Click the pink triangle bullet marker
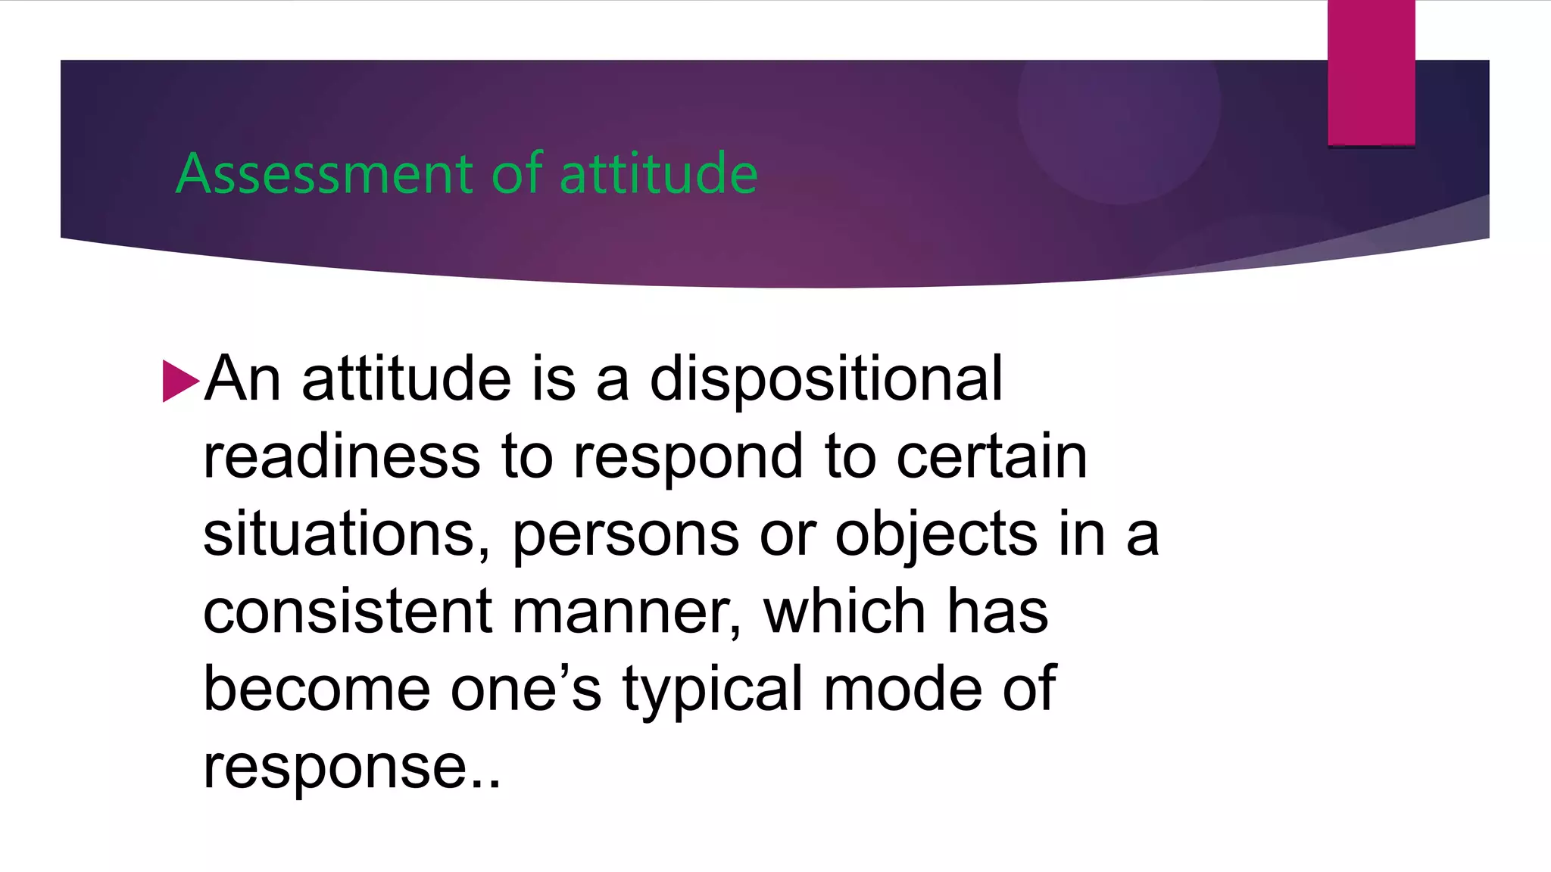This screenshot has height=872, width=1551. click(180, 381)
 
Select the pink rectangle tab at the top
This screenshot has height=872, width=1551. click(1371, 73)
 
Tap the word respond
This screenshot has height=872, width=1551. click(688, 459)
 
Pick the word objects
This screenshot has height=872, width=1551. click(936, 535)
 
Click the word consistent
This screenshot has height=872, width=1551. click(348, 612)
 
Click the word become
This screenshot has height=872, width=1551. click(317, 689)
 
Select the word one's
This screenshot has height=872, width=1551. click(526, 689)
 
